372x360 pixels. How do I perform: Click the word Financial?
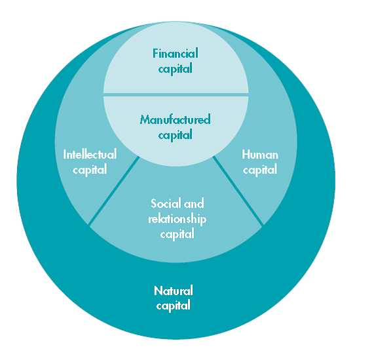click(176, 53)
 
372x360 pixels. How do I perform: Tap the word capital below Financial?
click(176, 69)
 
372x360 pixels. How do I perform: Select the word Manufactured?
click(176, 119)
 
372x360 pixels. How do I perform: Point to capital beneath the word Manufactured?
click(176, 135)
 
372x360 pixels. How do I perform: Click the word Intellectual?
click(90, 154)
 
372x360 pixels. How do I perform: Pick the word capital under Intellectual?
click(90, 170)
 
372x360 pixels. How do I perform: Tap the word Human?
click(260, 155)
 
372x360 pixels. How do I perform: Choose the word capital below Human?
click(260, 170)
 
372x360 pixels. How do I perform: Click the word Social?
click(166, 203)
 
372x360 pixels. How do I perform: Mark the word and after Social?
click(194, 203)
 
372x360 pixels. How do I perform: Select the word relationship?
click(177, 219)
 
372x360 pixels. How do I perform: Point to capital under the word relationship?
click(177, 234)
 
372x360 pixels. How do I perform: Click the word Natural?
click(174, 290)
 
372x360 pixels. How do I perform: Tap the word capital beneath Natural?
click(174, 306)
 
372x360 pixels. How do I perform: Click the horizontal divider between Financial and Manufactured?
click(176, 94)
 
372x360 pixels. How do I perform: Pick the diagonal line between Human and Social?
click(238, 191)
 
